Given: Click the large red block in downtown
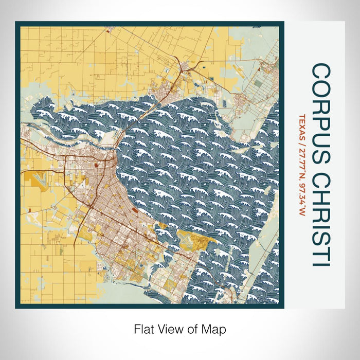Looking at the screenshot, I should tap(96, 166).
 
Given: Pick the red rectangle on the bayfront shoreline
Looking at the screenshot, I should tap(135, 210).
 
